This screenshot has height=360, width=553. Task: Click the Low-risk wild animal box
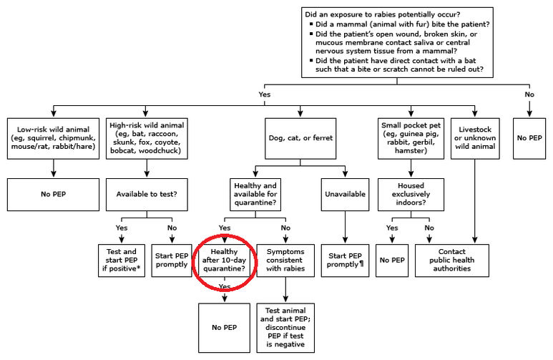(x=53, y=138)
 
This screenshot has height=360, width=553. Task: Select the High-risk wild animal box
(x=147, y=138)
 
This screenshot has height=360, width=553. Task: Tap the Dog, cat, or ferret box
(x=300, y=138)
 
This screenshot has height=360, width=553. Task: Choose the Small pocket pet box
(x=411, y=138)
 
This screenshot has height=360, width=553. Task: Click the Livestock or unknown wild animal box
(x=475, y=138)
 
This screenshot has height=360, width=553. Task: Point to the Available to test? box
(x=147, y=195)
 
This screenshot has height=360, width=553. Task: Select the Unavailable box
(x=345, y=195)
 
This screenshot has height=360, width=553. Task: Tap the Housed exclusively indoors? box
(x=411, y=195)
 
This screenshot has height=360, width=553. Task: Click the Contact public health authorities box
(x=452, y=261)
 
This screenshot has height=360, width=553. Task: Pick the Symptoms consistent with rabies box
(x=285, y=261)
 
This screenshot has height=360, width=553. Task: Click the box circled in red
(x=225, y=261)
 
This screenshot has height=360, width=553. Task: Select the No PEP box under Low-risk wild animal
(x=53, y=195)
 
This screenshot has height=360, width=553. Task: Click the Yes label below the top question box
(x=265, y=94)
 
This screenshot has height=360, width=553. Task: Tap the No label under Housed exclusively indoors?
(x=429, y=228)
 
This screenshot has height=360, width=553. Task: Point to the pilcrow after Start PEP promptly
(x=361, y=264)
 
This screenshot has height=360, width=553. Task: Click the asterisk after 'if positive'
(x=139, y=268)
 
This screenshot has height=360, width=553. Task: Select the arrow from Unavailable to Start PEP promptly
(x=345, y=228)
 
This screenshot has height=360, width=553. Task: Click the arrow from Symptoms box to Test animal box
(x=285, y=290)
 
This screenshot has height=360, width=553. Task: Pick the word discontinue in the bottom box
(x=285, y=327)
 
